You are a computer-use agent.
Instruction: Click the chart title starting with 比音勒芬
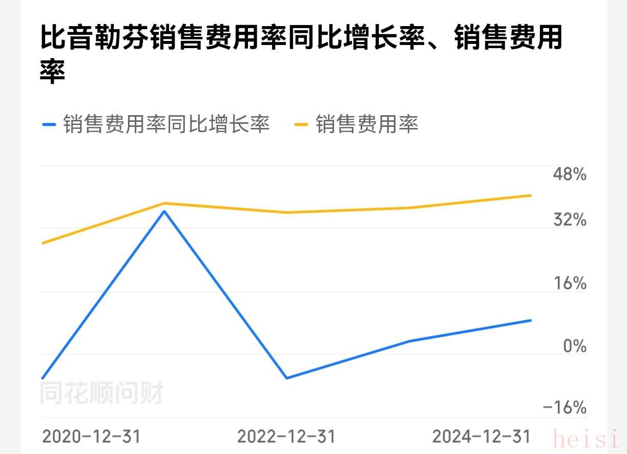pos(301,54)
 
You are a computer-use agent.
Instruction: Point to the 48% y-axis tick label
pos(569,175)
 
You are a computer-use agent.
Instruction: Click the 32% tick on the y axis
pos(569,221)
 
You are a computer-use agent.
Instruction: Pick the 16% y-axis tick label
pos(569,283)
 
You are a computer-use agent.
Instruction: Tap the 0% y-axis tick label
pos(574,346)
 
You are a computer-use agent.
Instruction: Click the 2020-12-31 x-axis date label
pos(91,437)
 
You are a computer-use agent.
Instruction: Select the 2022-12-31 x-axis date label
pos(286,437)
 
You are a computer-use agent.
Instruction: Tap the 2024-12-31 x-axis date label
pos(481,437)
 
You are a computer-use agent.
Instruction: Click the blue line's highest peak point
pos(164,211)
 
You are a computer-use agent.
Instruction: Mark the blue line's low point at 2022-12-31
pos(286,378)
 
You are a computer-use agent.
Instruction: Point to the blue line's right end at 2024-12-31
pos(531,320)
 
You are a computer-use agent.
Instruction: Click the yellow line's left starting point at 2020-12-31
pos(42,243)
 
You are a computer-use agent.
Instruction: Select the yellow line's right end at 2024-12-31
pos(531,195)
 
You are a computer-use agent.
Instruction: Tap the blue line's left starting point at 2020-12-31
pos(42,379)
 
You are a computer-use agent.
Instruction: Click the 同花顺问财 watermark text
pos(101,394)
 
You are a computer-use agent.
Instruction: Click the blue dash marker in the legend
pos(49,124)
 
